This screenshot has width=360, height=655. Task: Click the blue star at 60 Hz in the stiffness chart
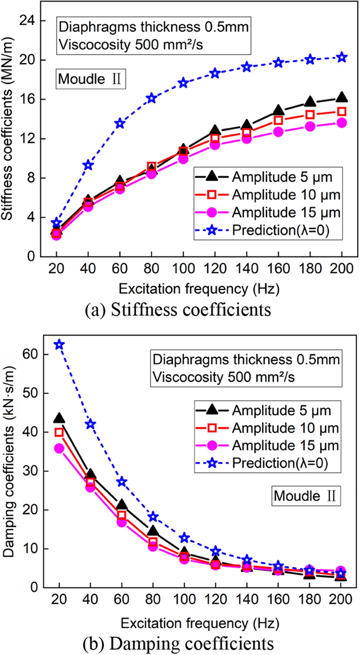pyautogui.click(x=120, y=123)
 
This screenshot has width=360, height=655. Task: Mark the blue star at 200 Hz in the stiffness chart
pyautogui.click(x=341, y=57)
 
